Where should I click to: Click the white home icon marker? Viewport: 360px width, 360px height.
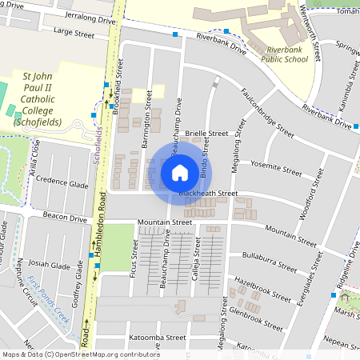[x=180, y=172]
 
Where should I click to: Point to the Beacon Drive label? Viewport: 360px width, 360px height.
[x=65, y=218]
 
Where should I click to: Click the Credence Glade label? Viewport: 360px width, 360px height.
[x=62, y=183]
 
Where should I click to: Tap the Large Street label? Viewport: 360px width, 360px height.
[x=74, y=34]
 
